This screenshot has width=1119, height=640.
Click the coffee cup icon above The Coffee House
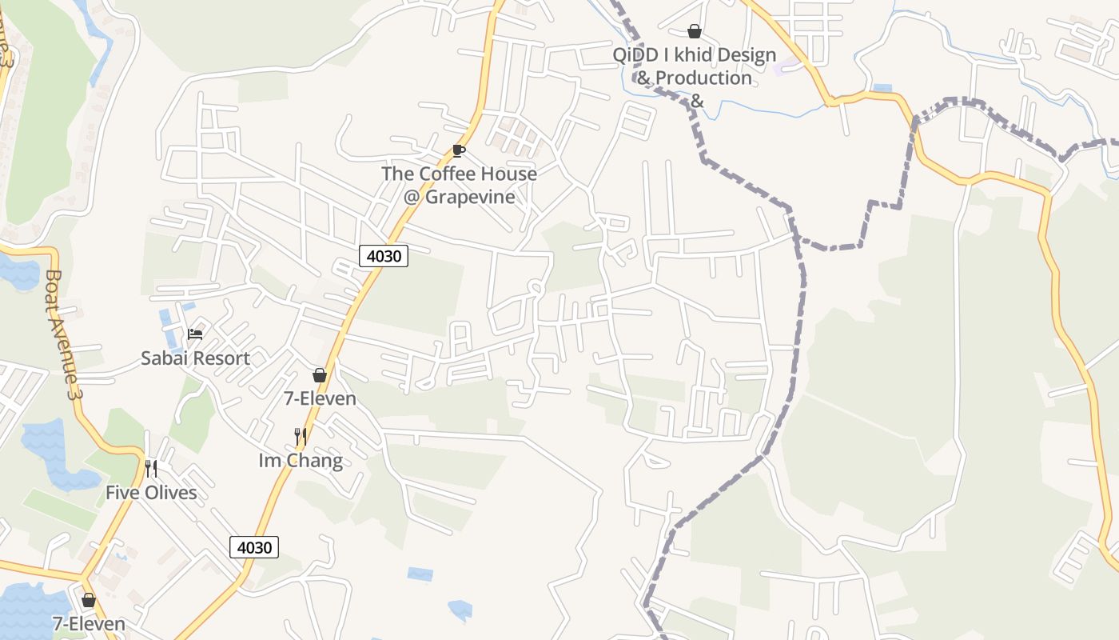[x=458, y=150]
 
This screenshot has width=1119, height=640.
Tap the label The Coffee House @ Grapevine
[x=459, y=185]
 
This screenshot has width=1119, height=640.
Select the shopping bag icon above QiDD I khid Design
[x=695, y=31]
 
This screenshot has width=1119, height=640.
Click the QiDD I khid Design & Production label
[x=694, y=66]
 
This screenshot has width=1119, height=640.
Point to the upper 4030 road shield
[x=384, y=256]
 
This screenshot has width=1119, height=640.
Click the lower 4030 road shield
[x=255, y=547]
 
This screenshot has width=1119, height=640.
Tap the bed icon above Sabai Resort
[x=195, y=334]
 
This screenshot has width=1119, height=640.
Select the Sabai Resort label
[x=195, y=358]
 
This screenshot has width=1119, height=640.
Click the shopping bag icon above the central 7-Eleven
[x=320, y=375]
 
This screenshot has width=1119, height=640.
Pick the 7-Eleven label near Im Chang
[x=320, y=398]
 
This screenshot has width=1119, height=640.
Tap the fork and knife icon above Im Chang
[x=301, y=436]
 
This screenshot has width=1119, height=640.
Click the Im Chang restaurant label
[x=301, y=460]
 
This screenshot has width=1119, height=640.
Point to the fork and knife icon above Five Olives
[x=151, y=468]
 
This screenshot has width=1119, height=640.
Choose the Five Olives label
[x=151, y=492]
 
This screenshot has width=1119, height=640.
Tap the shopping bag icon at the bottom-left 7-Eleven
[x=89, y=599]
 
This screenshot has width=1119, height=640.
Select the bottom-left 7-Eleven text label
[x=89, y=623]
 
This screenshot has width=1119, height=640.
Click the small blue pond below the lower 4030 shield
[x=420, y=574]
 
